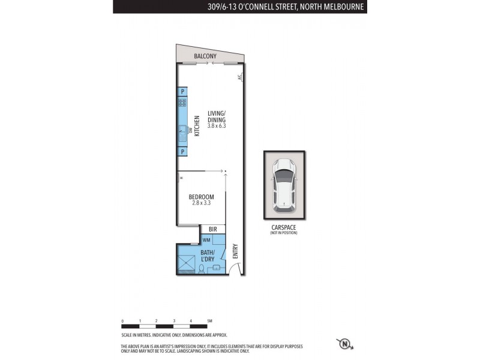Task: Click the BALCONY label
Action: click(x=205, y=56)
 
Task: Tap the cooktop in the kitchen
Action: click(x=182, y=103)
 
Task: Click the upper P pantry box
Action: click(x=182, y=91)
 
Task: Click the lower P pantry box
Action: click(x=182, y=152)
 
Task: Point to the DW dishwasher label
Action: click(x=189, y=130)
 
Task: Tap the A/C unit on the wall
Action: click(x=239, y=77)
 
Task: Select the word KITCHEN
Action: click(x=196, y=126)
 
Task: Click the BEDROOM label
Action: click(x=201, y=197)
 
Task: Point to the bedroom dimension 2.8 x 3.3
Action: click(x=202, y=203)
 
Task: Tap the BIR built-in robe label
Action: click(x=212, y=229)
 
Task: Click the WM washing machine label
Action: click(x=206, y=240)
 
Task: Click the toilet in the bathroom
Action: click(x=203, y=268)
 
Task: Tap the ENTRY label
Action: click(x=235, y=250)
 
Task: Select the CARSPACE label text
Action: click(x=283, y=227)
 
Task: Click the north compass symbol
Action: click(x=344, y=344)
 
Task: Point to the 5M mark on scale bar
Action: click(x=208, y=322)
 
